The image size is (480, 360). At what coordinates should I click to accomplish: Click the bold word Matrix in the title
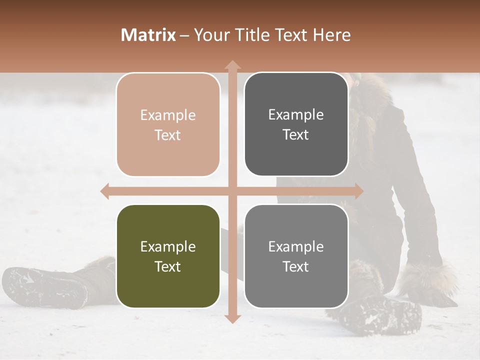(148, 35)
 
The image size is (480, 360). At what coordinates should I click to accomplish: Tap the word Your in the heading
(209, 35)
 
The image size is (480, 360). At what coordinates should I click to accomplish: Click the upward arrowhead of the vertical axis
(232, 64)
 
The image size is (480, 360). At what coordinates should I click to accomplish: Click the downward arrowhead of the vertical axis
(232, 318)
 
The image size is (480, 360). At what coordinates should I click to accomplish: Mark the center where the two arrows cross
(232, 191)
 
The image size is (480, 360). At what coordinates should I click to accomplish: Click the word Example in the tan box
(168, 115)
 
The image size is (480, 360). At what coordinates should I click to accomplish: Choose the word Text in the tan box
(168, 135)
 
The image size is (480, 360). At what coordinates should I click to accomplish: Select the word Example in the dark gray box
(296, 115)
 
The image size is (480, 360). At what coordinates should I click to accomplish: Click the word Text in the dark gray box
(296, 135)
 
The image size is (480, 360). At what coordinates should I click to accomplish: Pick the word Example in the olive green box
(168, 247)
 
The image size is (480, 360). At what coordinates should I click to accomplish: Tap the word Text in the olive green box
(168, 267)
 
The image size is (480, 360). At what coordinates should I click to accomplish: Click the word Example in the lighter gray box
(296, 247)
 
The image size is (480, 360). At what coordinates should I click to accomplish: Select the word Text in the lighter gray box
(296, 267)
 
